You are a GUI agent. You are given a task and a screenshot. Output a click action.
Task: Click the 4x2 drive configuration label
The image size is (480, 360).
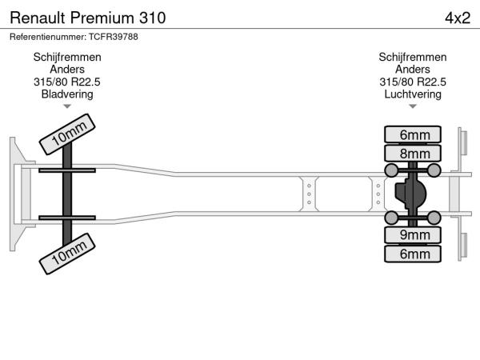coord(457,17)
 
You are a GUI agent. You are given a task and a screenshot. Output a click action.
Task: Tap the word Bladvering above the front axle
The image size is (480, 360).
coord(67,94)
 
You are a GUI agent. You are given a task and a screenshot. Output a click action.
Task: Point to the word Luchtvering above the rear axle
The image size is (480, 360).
coord(413,94)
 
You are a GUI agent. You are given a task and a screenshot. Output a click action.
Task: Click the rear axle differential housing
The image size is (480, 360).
coord(413,194)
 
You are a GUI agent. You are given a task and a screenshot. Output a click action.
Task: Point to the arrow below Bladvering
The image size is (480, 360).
coord(67,106)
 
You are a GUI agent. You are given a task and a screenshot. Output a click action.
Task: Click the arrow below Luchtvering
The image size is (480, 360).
coord(413,106)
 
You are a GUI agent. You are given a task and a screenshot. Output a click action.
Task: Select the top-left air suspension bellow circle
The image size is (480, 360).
coord(392,170)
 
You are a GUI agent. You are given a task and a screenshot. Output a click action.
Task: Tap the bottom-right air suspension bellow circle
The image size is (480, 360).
coord(434,218)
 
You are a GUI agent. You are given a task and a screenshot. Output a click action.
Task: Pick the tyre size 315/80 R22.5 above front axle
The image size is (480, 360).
coord(67,82)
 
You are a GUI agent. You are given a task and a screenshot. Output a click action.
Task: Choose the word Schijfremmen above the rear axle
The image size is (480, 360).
coord(413,57)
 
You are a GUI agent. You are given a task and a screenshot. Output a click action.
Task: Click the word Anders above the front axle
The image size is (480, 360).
coord(67,69)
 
